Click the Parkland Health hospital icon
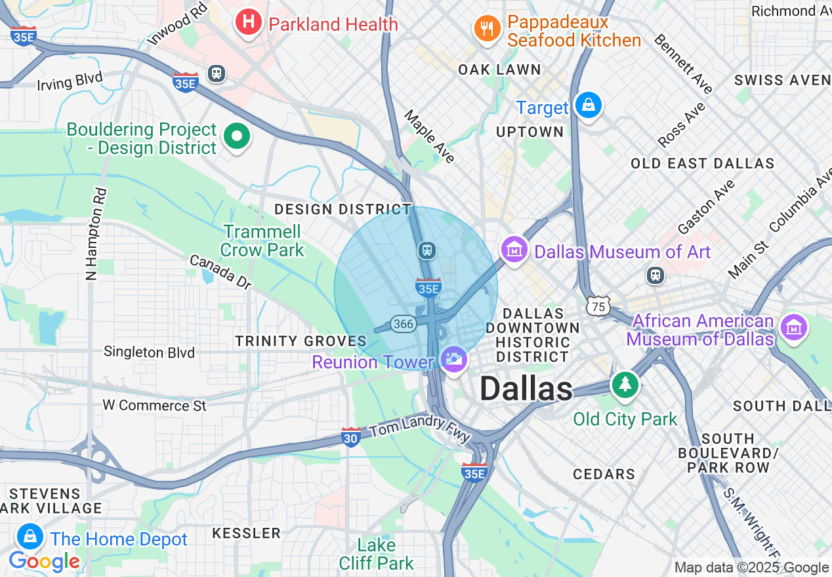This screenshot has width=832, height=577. coord(248,22)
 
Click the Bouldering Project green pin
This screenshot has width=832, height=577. coord(237,137)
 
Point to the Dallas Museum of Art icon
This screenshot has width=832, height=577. coord(515,250)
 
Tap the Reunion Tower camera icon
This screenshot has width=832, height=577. coord(454,359)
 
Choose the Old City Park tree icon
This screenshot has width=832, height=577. coord(625,385)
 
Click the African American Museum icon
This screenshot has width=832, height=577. coord(794,326)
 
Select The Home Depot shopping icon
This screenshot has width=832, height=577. coord(30,538)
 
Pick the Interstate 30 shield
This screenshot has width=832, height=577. coord(351,437)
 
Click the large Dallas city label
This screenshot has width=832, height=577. coord(526,389)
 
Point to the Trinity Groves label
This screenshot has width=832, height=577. coord(301,341)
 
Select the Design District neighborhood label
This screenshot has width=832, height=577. coord(343,209)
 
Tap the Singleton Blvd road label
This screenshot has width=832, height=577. coord(149,353)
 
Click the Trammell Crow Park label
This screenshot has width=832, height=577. coord(262,241)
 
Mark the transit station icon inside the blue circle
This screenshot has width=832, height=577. coord(427,250)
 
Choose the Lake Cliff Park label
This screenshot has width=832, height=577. coord(377,554)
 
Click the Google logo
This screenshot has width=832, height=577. coord(44,561)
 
